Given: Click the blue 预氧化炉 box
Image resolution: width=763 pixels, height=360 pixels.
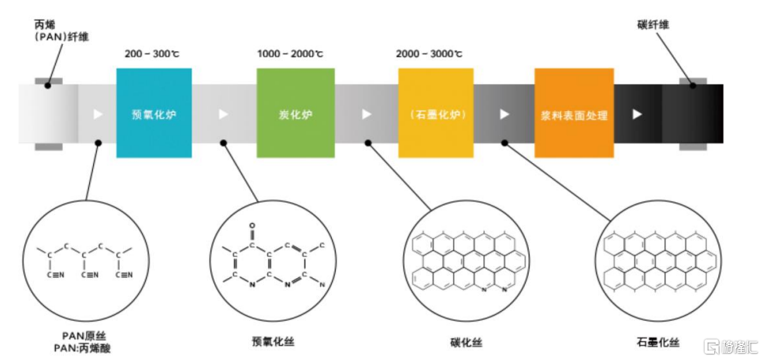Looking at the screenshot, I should pyautogui.click(x=154, y=113).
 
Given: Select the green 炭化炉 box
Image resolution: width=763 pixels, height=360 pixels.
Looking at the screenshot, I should pyautogui.click(x=296, y=113).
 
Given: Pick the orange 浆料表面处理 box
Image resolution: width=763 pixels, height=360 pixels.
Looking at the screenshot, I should pyautogui.click(x=574, y=113).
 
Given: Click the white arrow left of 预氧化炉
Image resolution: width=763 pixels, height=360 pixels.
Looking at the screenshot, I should pyautogui.click(x=98, y=114).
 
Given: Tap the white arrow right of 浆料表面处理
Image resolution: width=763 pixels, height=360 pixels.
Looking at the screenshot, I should pyautogui.click(x=637, y=114).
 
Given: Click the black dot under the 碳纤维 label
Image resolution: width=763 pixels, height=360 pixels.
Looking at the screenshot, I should pyautogui.click(x=694, y=85).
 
